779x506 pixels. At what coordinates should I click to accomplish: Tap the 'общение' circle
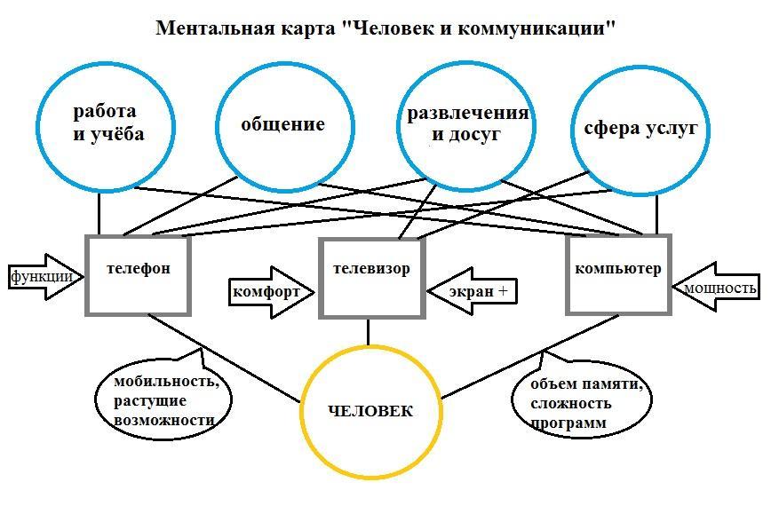[x=282, y=125]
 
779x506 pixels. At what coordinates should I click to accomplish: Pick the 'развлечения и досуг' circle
[x=466, y=125]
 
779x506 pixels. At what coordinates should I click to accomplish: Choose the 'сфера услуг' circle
[x=640, y=129]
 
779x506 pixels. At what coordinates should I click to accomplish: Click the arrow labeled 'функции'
[x=43, y=276]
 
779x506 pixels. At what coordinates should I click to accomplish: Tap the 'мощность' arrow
[x=719, y=288]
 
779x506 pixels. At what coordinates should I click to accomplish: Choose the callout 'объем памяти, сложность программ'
[x=577, y=404]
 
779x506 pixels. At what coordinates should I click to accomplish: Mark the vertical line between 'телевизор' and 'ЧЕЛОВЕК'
[x=369, y=331]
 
